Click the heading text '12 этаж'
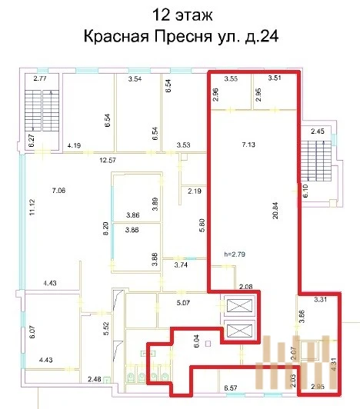pos(180,15)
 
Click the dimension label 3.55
pos(232,78)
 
